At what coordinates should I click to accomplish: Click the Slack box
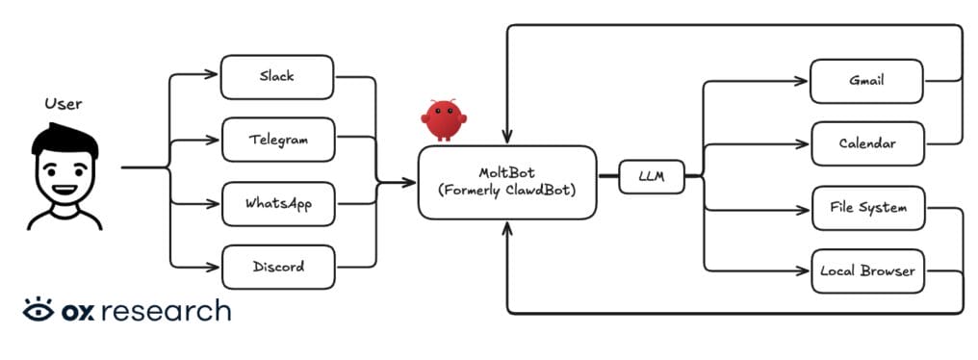(x=277, y=76)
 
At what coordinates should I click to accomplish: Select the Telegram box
(x=278, y=140)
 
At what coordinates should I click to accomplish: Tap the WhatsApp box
(x=278, y=204)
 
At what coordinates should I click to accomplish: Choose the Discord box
(x=278, y=267)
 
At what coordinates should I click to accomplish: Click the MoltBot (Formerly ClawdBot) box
(x=506, y=182)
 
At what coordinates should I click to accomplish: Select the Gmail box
(x=866, y=81)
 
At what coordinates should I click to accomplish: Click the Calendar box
(x=866, y=144)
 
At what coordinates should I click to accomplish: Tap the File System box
(x=868, y=208)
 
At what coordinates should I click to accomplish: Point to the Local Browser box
(x=868, y=271)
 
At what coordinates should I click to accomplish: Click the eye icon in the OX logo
(x=39, y=311)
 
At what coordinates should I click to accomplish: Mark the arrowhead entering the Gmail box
(x=805, y=81)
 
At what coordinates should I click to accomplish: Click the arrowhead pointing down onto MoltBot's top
(x=507, y=141)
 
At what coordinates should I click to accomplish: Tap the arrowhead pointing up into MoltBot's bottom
(x=507, y=225)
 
